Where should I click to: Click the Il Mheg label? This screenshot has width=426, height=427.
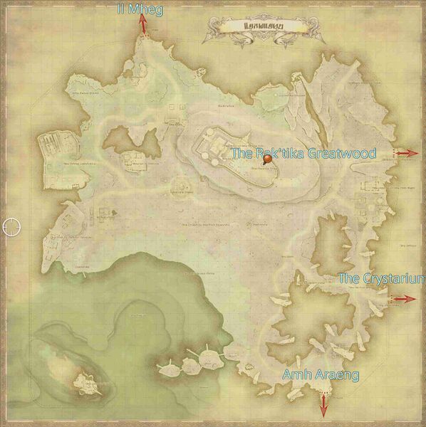click(x=142, y=9)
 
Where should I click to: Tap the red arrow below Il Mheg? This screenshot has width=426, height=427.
click(x=143, y=24)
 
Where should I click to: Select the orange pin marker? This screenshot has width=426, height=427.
click(x=268, y=161)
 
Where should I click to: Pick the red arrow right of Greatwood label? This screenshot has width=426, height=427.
click(x=407, y=153)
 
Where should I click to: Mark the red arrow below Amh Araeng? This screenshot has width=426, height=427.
click(x=323, y=404)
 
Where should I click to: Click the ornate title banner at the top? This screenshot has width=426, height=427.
click(x=265, y=29)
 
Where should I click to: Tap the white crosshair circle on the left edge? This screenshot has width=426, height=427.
click(x=11, y=227)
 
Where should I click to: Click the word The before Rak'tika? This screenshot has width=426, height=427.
click(x=242, y=152)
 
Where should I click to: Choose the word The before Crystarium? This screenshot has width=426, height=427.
click(x=348, y=278)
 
